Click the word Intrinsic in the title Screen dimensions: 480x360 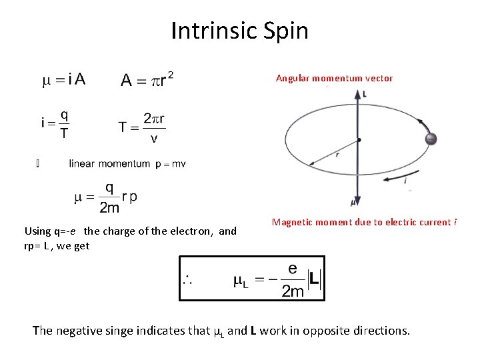(212, 31)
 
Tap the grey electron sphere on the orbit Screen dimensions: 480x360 (431, 139)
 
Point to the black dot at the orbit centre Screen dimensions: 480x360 (359, 140)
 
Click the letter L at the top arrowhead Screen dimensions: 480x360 (364, 94)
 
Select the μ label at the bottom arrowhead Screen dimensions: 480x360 (353, 201)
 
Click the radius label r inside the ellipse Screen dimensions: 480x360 (337, 154)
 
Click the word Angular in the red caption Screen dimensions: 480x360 (293, 78)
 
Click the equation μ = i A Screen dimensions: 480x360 (64, 79)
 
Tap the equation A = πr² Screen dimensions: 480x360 (147, 79)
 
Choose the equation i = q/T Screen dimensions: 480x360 (55, 123)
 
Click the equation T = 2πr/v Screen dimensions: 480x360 (144, 127)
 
